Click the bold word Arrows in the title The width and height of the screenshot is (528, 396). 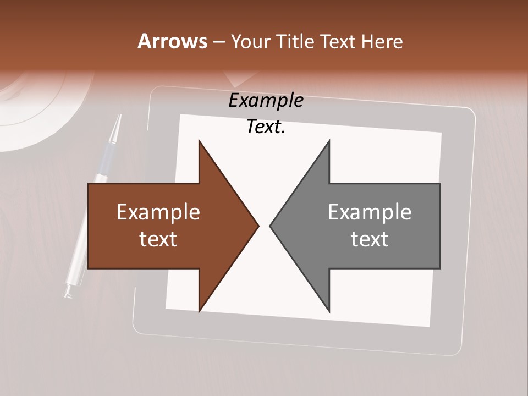172,41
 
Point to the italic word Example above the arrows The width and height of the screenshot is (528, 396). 266,101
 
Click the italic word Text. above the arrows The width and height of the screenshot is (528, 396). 266,127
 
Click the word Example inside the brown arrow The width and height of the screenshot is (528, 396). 158,212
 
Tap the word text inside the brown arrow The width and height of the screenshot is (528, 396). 158,239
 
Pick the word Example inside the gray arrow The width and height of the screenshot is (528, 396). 370,212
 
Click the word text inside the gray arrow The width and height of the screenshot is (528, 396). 370,239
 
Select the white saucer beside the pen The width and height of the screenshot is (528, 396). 33,110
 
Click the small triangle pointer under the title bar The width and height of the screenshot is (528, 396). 237,81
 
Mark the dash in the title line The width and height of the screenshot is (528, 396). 218,42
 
